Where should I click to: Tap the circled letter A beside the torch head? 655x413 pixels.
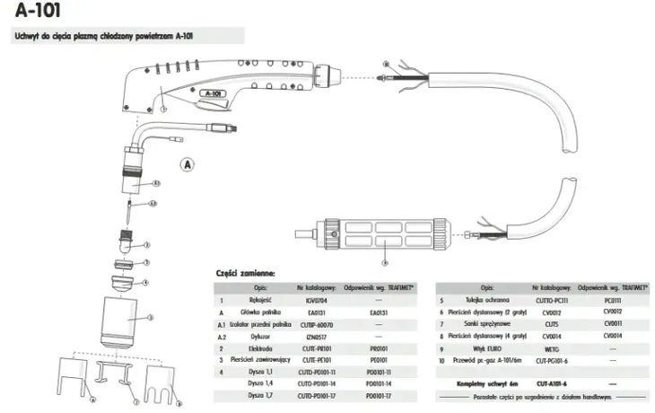(x=188, y=165)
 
